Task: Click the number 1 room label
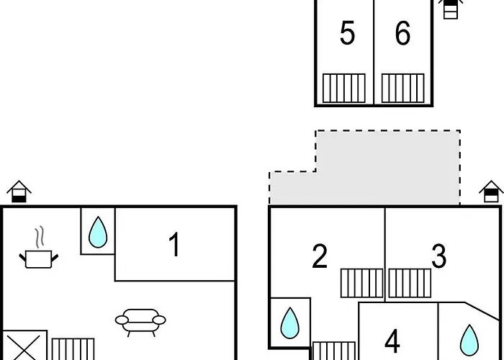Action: click(174, 245)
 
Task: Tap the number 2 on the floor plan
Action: click(320, 256)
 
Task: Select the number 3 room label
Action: click(438, 256)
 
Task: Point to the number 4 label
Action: click(392, 340)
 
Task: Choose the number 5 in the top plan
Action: click(347, 33)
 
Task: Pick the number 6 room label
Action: click(402, 33)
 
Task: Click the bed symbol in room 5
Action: click(344, 88)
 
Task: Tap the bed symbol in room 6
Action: click(402, 88)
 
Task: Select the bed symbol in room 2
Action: click(362, 283)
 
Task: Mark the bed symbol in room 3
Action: click(410, 283)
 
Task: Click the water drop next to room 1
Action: click(97, 232)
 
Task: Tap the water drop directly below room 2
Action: click(289, 323)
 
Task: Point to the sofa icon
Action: click(140, 321)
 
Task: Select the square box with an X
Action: click(24, 346)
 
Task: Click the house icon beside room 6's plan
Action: click(451, 8)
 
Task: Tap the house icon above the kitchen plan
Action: click(19, 192)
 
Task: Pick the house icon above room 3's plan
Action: click(492, 192)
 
